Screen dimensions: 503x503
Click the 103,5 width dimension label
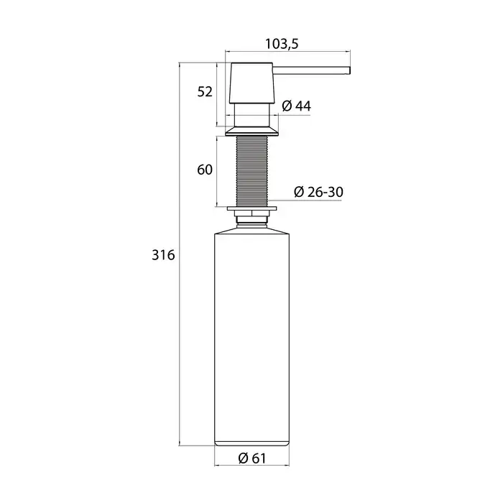coord(282,44)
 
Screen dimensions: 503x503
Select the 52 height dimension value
coord(205,92)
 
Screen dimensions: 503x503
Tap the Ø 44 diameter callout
coord(296,106)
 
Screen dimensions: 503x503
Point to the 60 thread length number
coord(205,170)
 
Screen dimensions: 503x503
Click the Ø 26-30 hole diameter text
coord(318,192)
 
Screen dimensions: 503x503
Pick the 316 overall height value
coord(163,255)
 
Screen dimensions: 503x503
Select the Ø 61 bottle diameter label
coord(252,458)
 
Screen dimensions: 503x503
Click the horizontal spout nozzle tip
coord(349,70)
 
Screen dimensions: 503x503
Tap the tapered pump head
coord(251,83)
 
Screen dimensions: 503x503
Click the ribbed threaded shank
coord(251,171)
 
